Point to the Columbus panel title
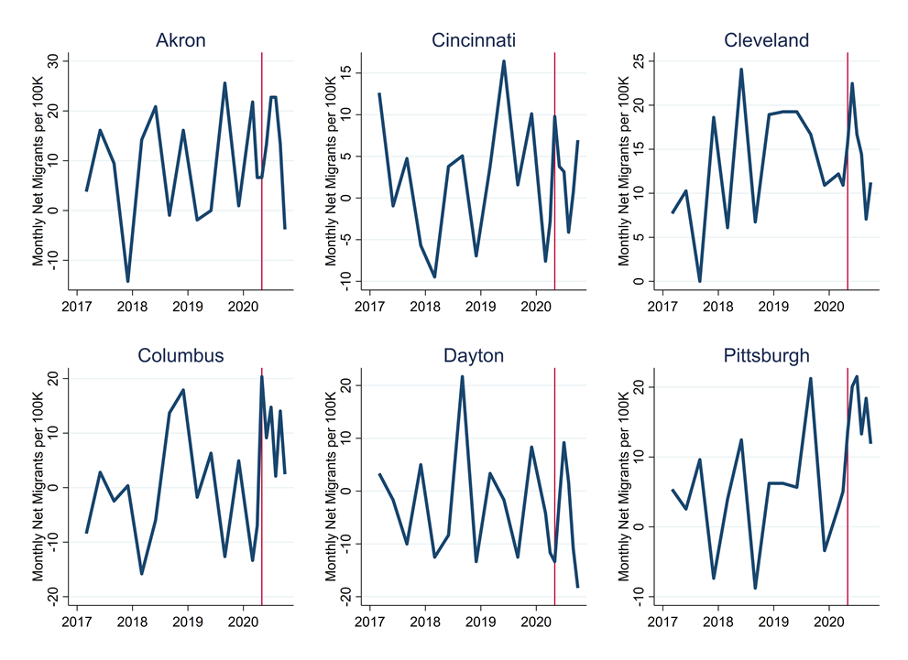(x=181, y=355)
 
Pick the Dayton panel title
(x=474, y=355)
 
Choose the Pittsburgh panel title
(x=766, y=355)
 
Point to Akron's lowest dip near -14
(x=128, y=281)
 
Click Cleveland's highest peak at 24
(x=741, y=70)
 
